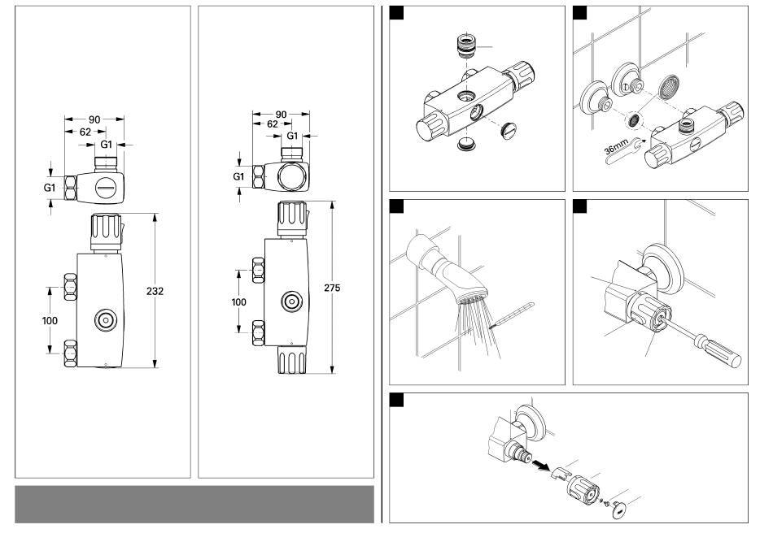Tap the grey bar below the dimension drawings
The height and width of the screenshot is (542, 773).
click(194, 505)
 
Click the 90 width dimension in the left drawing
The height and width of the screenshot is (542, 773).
click(94, 119)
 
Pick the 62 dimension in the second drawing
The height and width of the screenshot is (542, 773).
click(272, 124)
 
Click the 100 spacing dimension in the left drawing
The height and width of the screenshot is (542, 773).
click(50, 320)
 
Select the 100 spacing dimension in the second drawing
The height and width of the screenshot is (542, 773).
click(238, 301)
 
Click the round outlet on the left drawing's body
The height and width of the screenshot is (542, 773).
click(106, 319)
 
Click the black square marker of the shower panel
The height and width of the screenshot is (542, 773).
click(398, 206)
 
